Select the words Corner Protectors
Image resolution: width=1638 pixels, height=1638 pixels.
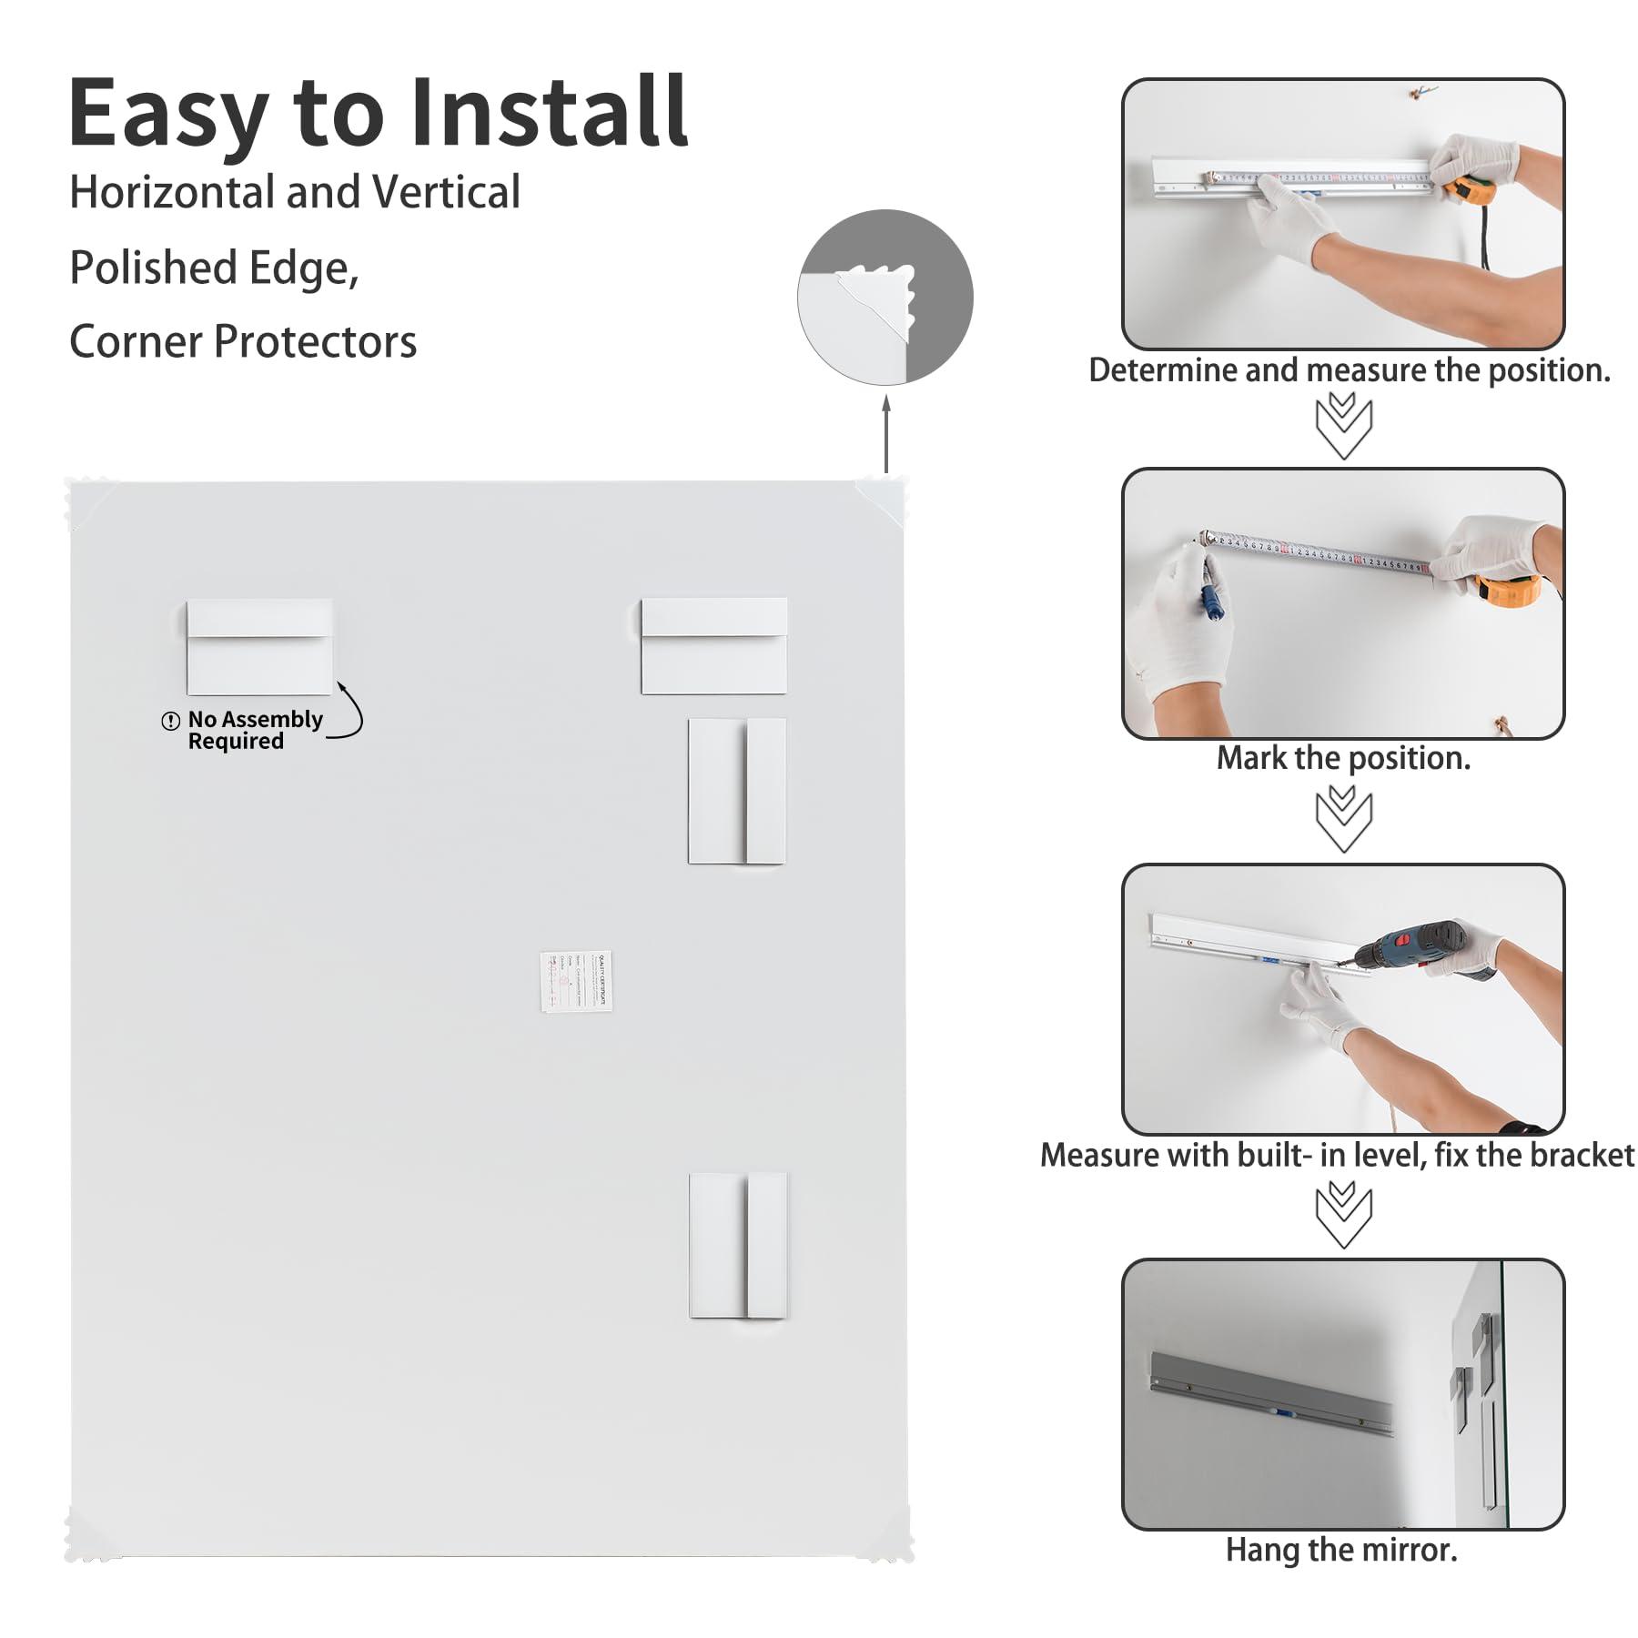[x=243, y=342]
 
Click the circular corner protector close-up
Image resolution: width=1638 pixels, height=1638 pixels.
[x=885, y=298]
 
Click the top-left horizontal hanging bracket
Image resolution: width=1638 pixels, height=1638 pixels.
[x=259, y=646]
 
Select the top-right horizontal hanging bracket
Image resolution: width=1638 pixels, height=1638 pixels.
[x=713, y=645]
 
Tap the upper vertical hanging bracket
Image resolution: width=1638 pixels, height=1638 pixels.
[x=736, y=790]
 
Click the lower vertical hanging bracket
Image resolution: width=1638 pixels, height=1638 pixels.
[x=737, y=1245]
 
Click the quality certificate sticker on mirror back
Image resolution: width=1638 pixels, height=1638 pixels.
[x=575, y=981]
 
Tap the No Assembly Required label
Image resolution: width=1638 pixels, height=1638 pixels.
[x=254, y=730]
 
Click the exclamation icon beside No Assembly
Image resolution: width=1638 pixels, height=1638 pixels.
[x=170, y=721]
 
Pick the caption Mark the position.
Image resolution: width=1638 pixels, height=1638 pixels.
[x=1343, y=758]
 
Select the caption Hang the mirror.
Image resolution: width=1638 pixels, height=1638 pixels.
[x=1341, y=1549]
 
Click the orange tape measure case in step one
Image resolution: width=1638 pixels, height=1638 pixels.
[x=1469, y=190]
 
